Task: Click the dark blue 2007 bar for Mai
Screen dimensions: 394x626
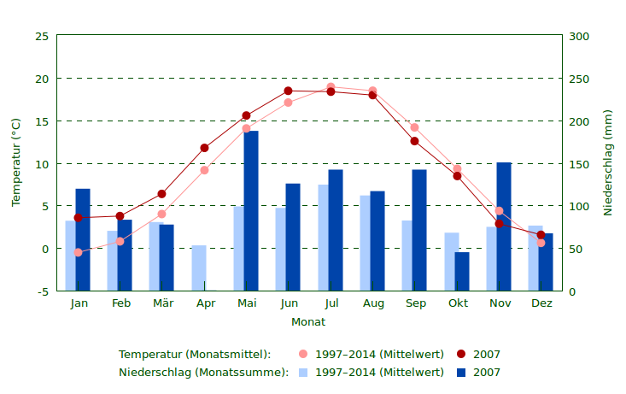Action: coord(251,210)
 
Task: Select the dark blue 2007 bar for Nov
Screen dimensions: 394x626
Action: coord(504,226)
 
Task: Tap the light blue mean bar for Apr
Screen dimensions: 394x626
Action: coord(199,268)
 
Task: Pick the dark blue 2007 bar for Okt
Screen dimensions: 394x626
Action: coord(462,271)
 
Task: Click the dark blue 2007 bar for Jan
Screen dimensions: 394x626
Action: coord(83,239)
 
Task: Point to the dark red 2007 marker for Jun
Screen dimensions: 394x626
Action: coord(288,91)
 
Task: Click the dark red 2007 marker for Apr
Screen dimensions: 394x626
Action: coord(204,148)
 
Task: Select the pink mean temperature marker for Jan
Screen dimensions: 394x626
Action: coord(78,252)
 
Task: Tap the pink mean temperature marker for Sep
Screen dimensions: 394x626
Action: coord(415,127)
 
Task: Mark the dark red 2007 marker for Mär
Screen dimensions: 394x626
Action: coord(161,194)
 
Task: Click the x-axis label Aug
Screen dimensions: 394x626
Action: coord(373,303)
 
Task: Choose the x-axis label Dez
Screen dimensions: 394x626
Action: coord(541,303)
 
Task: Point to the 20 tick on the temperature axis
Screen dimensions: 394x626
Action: coord(42,79)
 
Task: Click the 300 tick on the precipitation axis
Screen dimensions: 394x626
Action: coord(579,36)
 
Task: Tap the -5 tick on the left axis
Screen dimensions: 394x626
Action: coord(42,291)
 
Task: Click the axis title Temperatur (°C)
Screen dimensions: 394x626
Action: coord(16,162)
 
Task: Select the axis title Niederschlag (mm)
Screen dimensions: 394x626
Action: coord(608,162)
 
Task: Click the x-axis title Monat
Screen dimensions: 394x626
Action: coord(308,322)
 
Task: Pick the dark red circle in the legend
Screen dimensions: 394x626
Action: coord(461,354)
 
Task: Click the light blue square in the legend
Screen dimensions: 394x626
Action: coord(303,373)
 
